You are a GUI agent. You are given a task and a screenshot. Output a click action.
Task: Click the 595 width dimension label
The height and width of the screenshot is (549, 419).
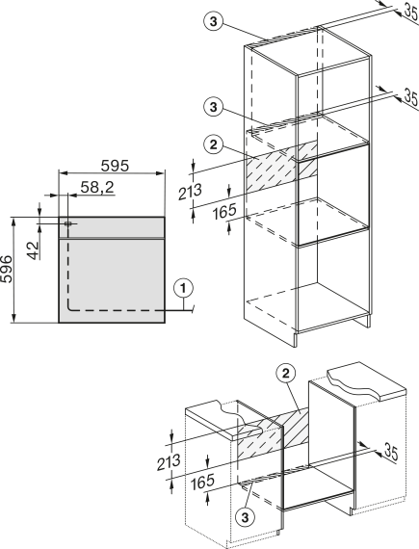click(115, 166)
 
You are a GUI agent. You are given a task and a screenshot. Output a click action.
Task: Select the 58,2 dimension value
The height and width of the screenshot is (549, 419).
click(97, 187)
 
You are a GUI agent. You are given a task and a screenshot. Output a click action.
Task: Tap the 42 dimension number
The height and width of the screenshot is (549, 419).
click(34, 250)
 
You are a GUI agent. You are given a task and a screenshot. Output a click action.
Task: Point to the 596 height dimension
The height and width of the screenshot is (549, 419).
click(7, 269)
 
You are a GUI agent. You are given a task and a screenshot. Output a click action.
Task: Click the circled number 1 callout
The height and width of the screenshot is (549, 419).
click(183, 289)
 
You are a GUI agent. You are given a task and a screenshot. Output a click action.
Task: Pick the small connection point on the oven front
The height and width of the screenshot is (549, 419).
click(68, 223)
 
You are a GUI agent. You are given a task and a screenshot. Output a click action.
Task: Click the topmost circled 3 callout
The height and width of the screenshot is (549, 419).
click(213, 22)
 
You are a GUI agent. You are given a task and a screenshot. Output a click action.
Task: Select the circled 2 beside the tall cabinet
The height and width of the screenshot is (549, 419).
click(214, 144)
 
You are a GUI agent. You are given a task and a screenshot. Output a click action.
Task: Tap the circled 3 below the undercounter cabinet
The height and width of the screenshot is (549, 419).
click(245, 517)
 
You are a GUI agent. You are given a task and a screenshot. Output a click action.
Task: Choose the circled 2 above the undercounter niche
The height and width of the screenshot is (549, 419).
click(286, 374)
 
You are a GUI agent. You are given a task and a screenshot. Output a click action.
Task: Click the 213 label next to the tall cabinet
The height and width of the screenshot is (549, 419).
click(191, 192)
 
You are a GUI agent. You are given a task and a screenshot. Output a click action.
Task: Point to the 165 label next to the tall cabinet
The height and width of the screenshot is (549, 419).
click(224, 212)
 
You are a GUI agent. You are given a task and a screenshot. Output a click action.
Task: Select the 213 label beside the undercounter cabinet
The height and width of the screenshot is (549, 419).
click(169, 462)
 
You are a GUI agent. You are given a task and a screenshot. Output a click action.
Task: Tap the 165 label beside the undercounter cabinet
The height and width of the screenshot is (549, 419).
click(202, 482)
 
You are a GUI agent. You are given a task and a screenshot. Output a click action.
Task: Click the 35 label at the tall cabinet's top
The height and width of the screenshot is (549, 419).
click(410, 12)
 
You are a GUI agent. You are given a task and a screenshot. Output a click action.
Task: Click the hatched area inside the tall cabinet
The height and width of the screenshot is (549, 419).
click(282, 167)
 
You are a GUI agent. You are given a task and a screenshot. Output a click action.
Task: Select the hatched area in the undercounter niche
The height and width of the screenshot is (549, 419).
click(273, 431)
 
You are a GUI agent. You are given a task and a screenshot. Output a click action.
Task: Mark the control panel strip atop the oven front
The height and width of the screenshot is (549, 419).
click(112, 227)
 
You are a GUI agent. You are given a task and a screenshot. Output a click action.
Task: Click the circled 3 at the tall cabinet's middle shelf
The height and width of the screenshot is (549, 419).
click(214, 107)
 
